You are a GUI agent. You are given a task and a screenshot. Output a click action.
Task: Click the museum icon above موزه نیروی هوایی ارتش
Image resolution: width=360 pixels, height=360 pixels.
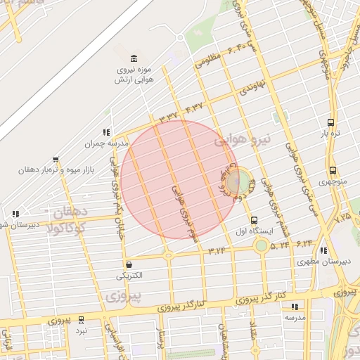[x=134, y=58]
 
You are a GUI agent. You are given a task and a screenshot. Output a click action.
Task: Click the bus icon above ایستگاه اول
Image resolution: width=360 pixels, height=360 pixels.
[x=254, y=219]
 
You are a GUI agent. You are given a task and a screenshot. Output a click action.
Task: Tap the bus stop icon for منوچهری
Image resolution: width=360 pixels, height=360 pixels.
[x=333, y=170]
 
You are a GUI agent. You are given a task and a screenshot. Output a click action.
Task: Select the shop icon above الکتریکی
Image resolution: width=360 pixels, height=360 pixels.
[x=129, y=265]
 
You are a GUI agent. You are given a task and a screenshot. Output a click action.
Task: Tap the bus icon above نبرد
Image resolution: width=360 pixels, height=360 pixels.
[x=82, y=319]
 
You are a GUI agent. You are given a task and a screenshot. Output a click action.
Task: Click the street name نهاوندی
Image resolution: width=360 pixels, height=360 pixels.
[x=251, y=89]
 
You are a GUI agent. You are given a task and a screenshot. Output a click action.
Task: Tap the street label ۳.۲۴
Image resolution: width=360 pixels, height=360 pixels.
[x=218, y=250]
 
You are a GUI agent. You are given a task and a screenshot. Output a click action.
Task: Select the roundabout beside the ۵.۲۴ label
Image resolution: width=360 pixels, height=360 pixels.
[x=262, y=245]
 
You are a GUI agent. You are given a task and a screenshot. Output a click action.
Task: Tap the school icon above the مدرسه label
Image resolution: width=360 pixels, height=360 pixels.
[x=295, y=307]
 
